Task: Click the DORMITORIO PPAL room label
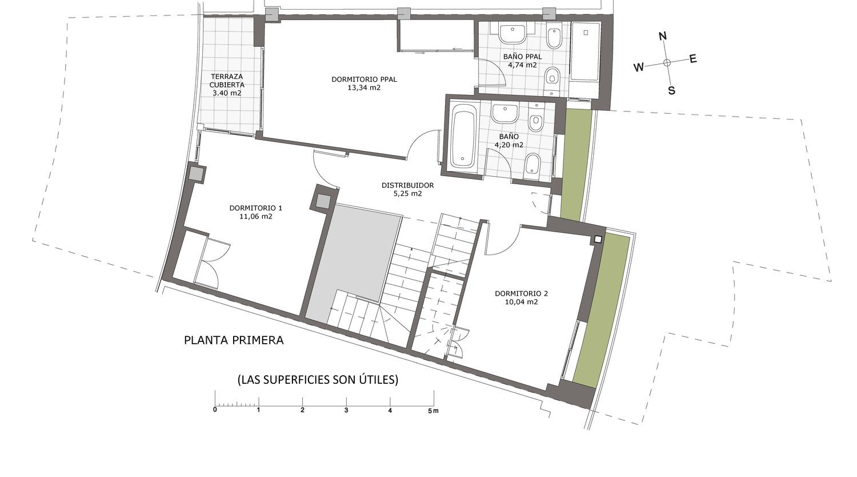(x=364, y=79)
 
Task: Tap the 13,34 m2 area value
(x=364, y=88)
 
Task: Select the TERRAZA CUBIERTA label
(x=227, y=81)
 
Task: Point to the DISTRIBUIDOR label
(x=407, y=185)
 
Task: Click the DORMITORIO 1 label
(x=255, y=208)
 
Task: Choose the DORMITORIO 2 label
(x=521, y=293)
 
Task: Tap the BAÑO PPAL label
(x=522, y=56)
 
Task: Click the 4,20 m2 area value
(x=509, y=145)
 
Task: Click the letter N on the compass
(x=663, y=36)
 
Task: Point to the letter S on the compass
(x=671, y=90)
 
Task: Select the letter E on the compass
(x=693, y=58)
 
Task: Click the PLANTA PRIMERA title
(x=234, y=340)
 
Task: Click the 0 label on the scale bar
(x=215, y=410)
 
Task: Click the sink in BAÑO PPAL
(x=512, y=33)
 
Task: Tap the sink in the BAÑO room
(x=505, y=113)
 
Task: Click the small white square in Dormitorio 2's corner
(x=598, y=240)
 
